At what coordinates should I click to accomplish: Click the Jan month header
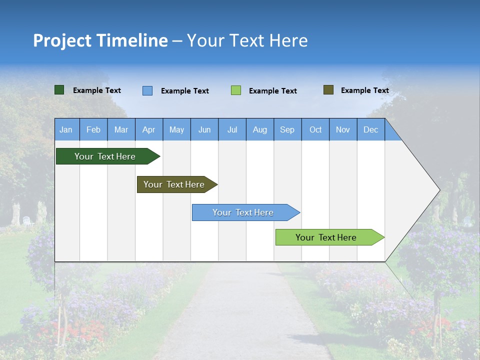tap(66, 129)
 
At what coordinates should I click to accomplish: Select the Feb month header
tap(93, 129)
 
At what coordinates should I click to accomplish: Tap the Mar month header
tap(121, 129)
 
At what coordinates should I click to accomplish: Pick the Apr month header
tap(149, 129)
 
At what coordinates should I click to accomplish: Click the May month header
tap(176, 129)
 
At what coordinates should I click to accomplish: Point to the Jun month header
tap(204, 129)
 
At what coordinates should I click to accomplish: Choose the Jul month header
tap(232, 129)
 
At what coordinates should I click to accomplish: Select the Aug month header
tap(260, 129)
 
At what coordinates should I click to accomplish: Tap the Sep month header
tap(287, 129)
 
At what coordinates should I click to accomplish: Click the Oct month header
tap(315, 129)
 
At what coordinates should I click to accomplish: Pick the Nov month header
tap(343, 129)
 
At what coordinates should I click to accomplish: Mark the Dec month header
tap(371, 129)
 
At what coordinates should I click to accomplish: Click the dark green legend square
tap(59, 90)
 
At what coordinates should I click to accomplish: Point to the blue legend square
tap(147, 90)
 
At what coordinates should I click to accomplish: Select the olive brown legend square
tap(328, 90)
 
